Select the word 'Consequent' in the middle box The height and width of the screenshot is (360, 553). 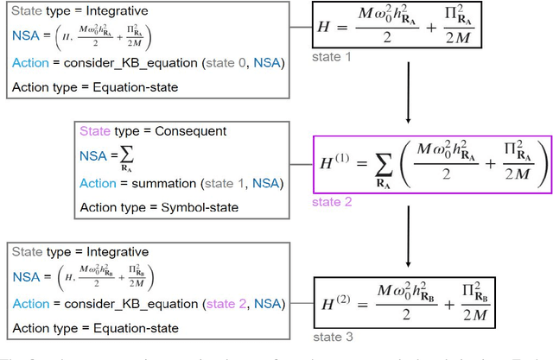[x=188, y=131]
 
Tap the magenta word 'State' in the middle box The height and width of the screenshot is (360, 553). [x=95, y=131]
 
